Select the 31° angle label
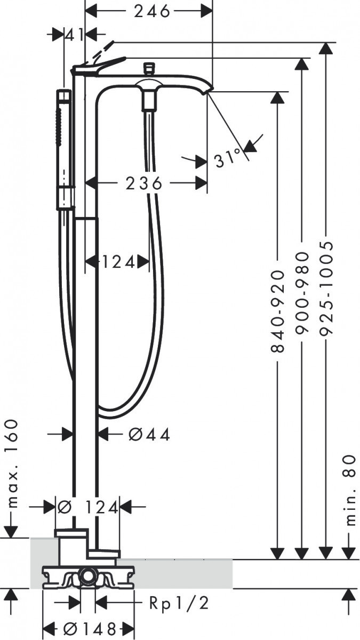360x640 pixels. click(228, 158)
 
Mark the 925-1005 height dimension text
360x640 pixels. click(326, 288)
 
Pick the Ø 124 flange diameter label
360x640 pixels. click(88, 507)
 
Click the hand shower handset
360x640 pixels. click(65, 149)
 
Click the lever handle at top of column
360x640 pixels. click(99, 66)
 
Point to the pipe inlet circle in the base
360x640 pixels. click(86, 577)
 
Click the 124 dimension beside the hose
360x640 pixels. click(117, 262)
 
